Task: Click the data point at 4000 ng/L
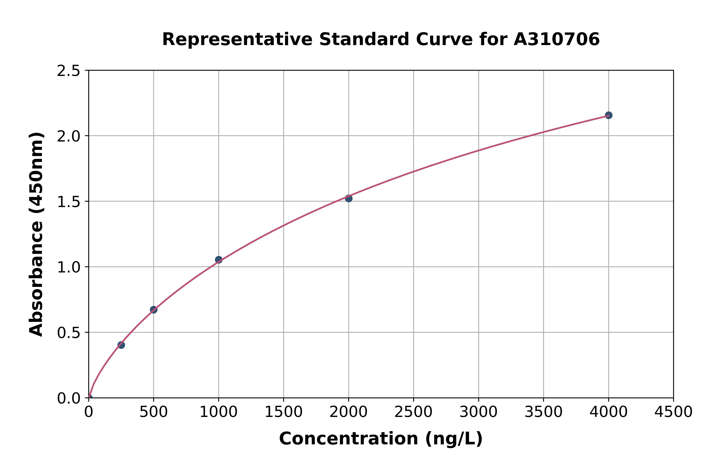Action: [x=608, y=115]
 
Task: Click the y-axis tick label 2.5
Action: [x=69, y=71]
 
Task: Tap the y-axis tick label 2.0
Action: [x=69, y=136]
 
